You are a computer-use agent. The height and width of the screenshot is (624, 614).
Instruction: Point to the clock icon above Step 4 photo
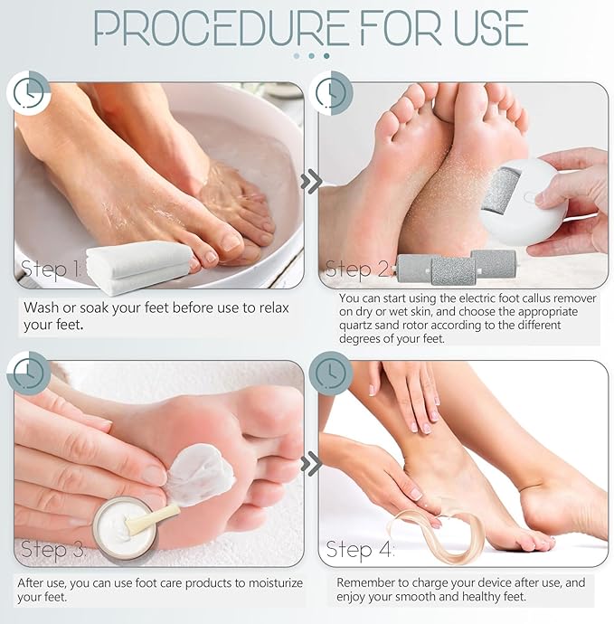tap(331, 372)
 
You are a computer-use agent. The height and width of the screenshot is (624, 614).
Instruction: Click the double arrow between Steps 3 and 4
tap(311, 464)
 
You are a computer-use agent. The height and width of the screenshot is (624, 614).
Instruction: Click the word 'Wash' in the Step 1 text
tap(42, 307)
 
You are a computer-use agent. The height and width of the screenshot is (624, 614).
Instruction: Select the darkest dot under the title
tap(326, 56)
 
